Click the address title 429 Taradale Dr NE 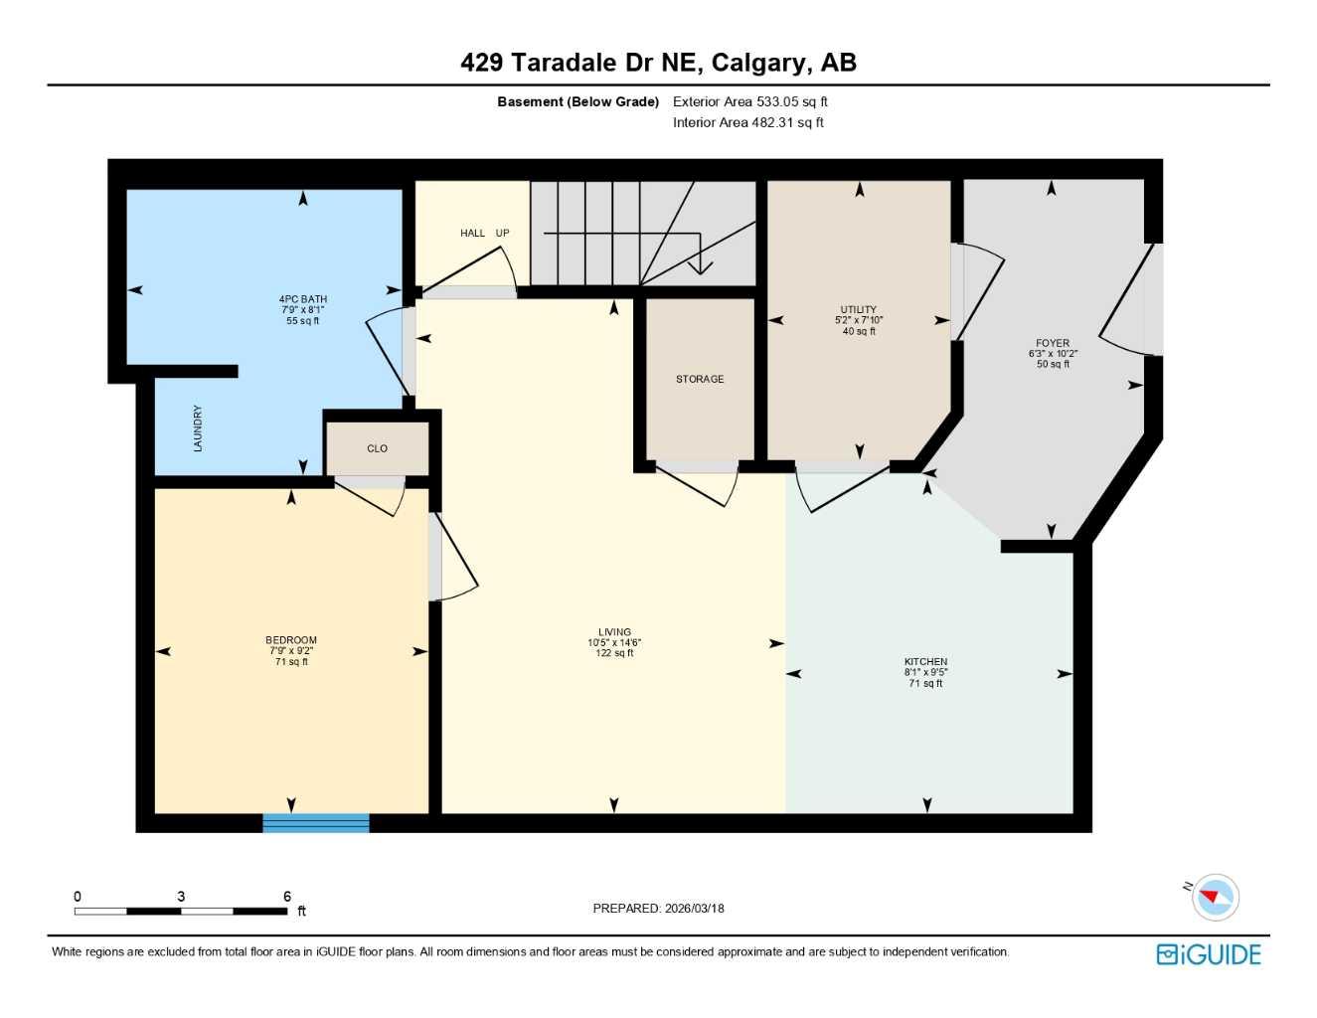coord(658,63)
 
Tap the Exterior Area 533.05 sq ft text coord(749,101)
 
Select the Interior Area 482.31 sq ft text coord(747,122)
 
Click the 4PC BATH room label coord(302,299)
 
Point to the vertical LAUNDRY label coord(198,428)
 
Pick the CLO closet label coord(378,448)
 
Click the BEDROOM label coord(291,640)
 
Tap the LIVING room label coord(614,632)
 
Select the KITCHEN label coord(925,662)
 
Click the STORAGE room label coord(700,379)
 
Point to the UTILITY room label coord(859,310)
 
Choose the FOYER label coord(1053,343)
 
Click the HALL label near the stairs coord(472,234)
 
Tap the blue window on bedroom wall coord(316,822)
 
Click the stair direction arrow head coord(701,266)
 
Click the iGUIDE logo coord(1208,954)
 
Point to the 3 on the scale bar coord(181,897)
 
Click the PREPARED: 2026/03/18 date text coord(658,909)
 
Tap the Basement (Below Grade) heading coord(577,101)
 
